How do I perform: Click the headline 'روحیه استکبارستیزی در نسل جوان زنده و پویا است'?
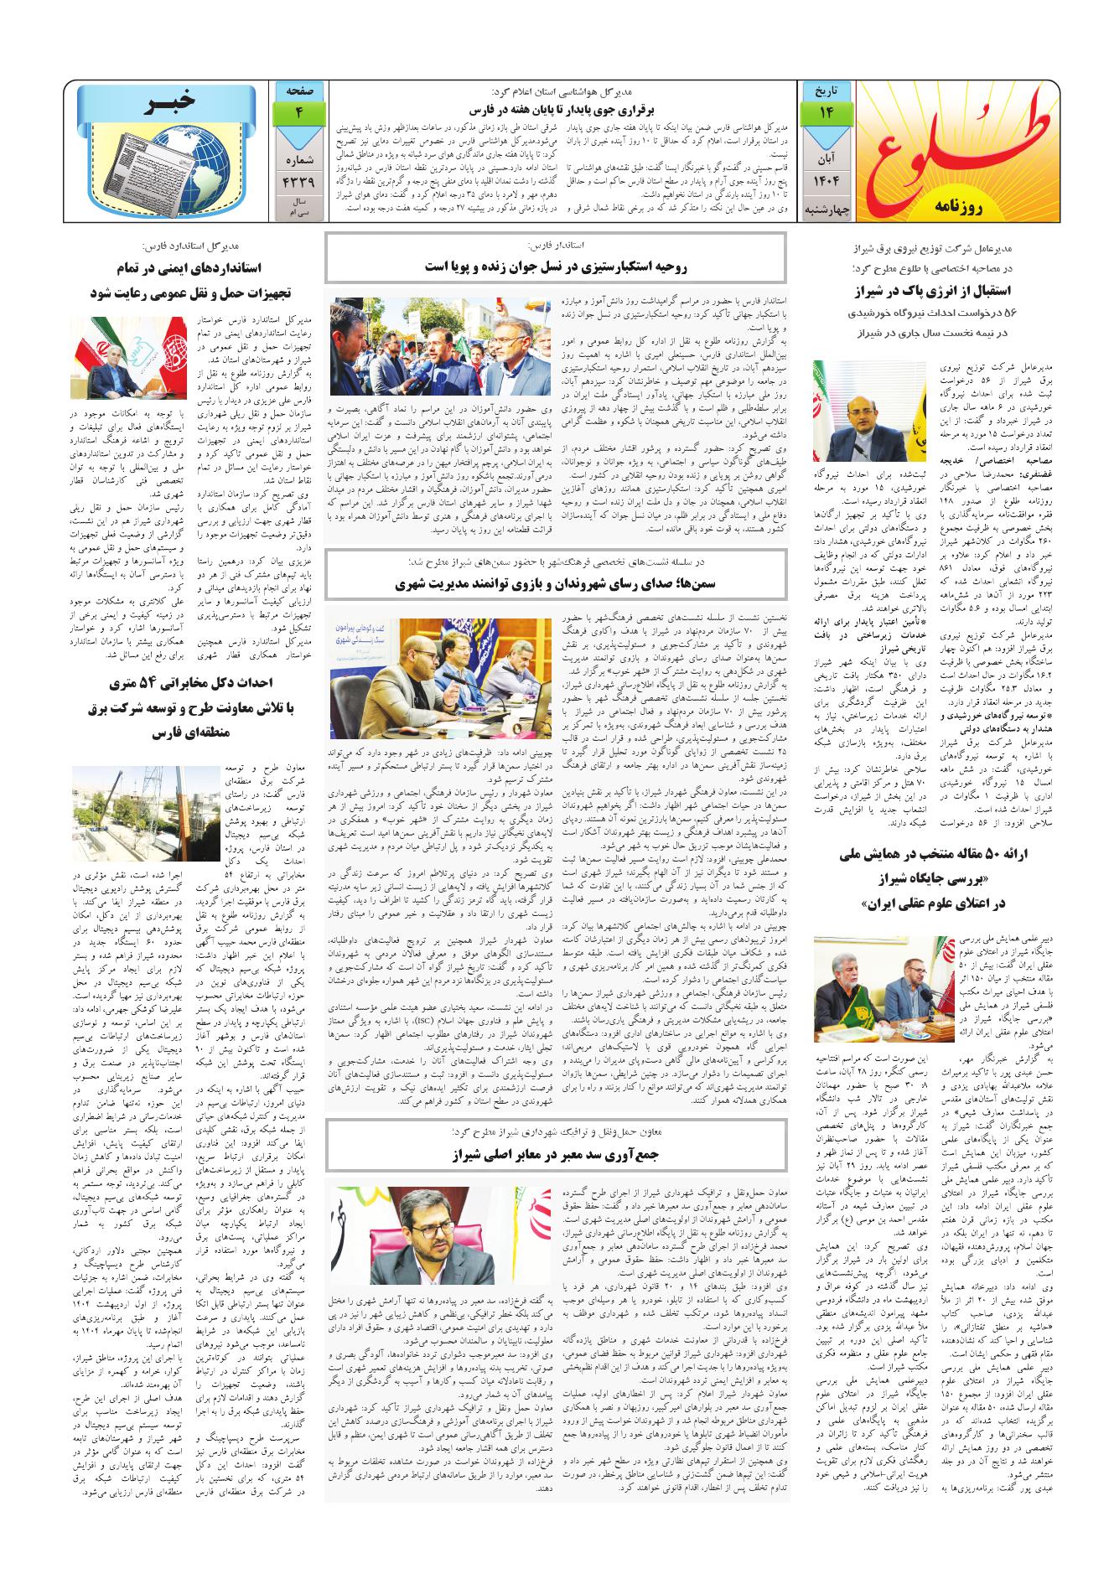557,267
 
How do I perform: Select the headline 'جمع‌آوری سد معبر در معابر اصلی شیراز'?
557,1153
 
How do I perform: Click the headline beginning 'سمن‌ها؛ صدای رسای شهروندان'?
557,584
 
